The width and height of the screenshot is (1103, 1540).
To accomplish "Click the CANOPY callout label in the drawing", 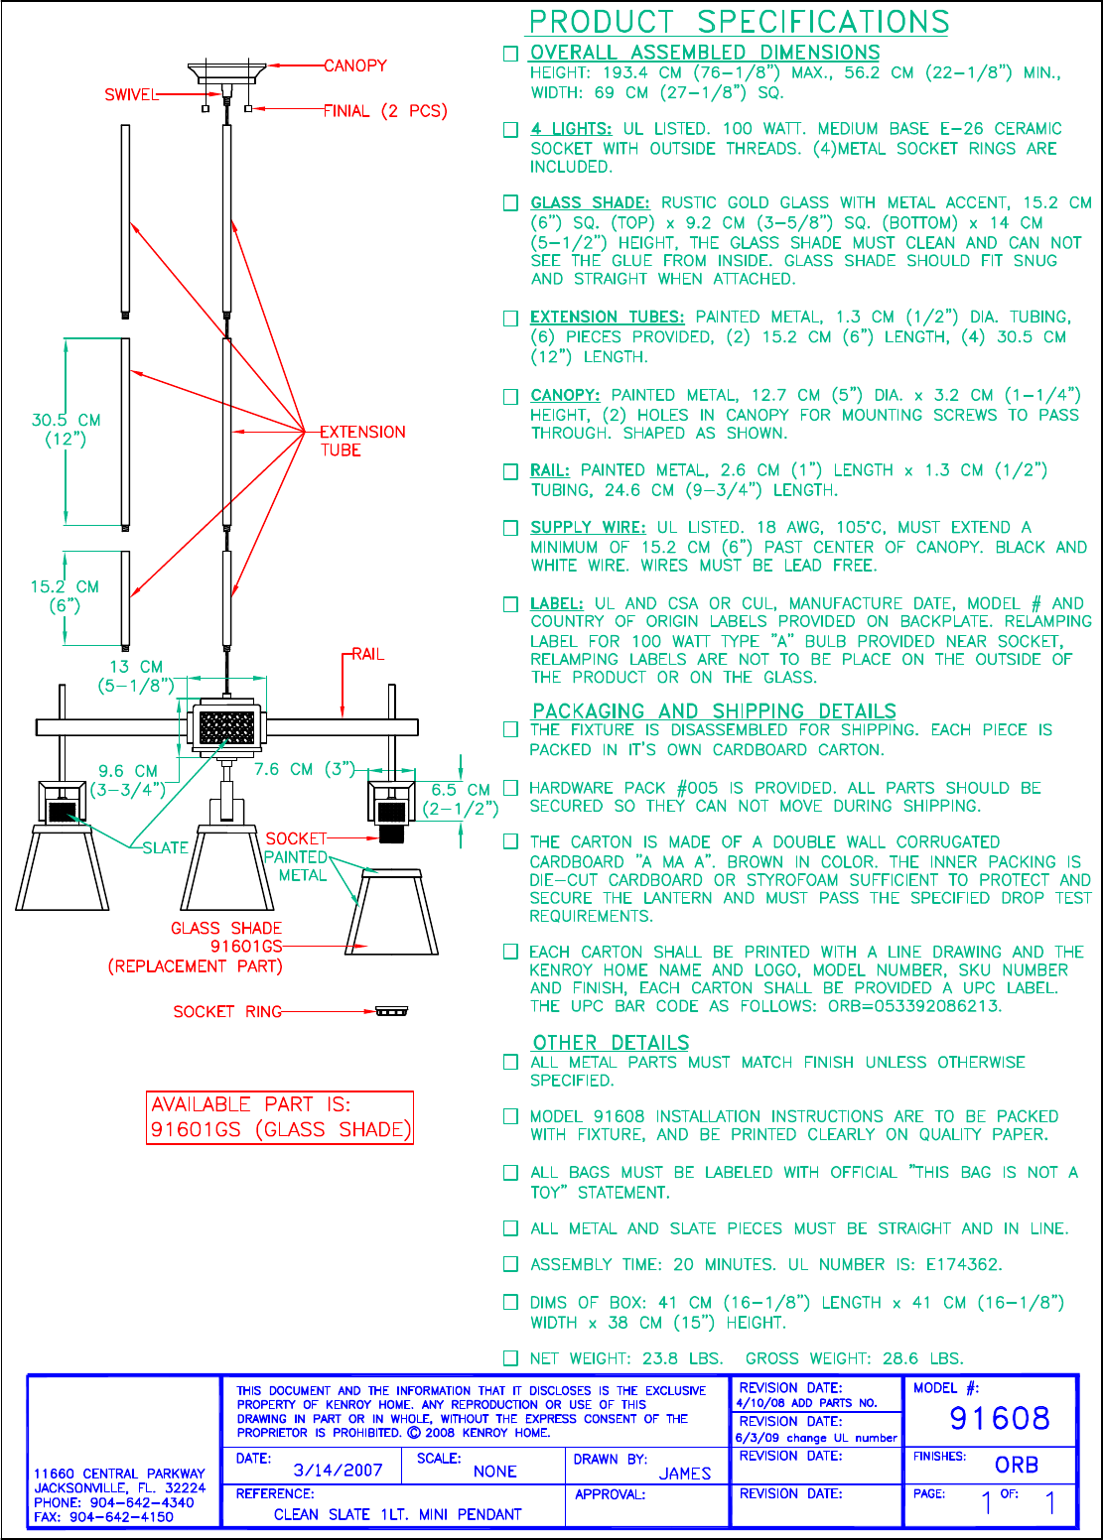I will click(355, 65).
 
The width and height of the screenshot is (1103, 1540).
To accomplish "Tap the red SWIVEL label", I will click(131, 95).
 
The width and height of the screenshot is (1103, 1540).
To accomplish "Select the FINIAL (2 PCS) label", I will click(385, 111).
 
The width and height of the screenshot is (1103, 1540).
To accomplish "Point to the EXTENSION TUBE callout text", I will click(361, 441).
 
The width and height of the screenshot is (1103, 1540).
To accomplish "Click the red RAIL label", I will click(367, 654).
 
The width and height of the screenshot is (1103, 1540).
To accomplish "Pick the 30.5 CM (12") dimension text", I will click(66, 429).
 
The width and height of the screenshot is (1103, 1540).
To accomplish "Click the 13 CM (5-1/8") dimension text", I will click(136, 676).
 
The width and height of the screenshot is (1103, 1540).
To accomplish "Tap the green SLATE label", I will click(165, 847).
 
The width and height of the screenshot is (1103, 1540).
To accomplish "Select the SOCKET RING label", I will click(227, 1011).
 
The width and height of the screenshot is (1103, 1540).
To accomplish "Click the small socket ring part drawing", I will click(392, 1011).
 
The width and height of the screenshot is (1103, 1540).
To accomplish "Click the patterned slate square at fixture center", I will click(227, 727).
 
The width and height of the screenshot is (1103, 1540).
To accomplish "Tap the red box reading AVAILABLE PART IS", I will click(279, 1117).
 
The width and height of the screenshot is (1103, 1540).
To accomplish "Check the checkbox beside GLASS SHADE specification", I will click(510, 203).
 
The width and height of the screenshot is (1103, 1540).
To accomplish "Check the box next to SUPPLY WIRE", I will click(510, 528).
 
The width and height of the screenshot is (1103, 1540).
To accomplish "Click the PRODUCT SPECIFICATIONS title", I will click(739, 22).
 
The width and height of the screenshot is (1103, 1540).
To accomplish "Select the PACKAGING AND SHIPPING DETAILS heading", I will click(714, 710).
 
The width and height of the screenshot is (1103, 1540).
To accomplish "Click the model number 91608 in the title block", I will click(999, 1418).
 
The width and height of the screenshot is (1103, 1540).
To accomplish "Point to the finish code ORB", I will click(1016, 1465).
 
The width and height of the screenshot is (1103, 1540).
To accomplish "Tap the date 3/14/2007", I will click(338, 1471).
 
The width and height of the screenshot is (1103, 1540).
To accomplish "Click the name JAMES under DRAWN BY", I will click(685, 1474).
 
